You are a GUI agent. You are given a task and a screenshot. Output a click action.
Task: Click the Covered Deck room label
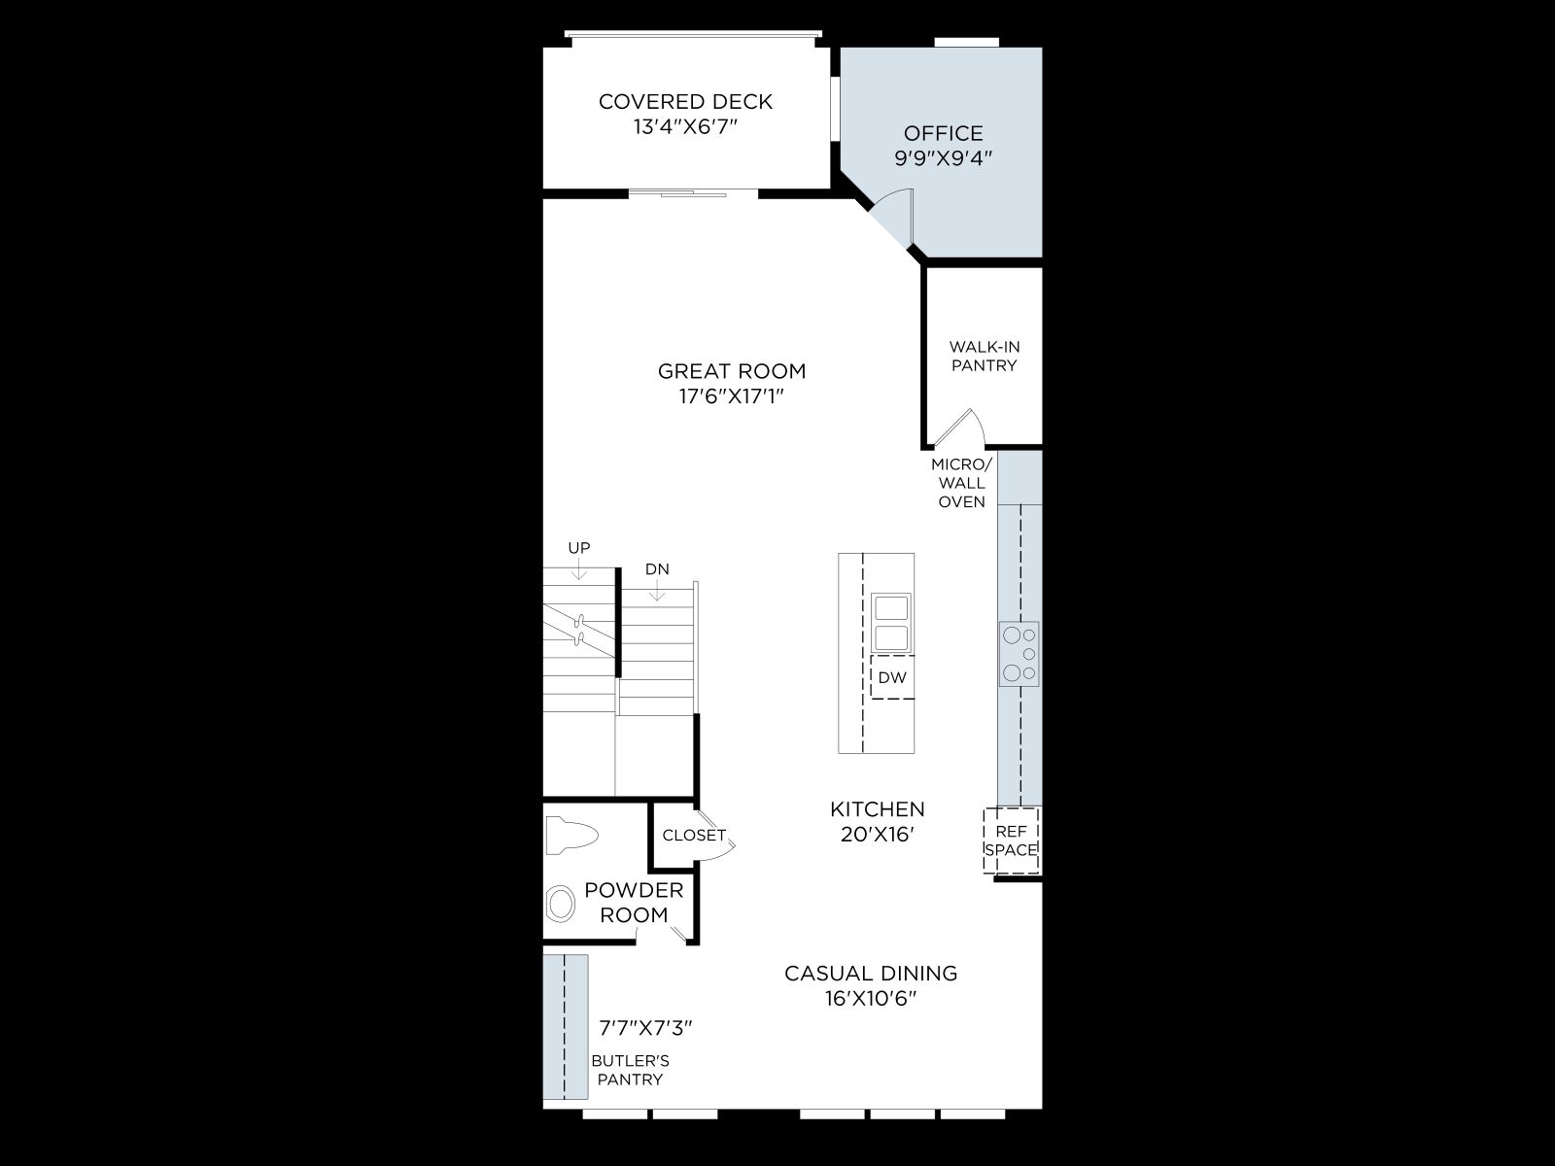[685, 101]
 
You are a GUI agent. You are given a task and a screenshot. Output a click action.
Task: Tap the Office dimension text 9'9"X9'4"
[943, 157]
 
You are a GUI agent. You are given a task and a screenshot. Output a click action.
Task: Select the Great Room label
[732, 371]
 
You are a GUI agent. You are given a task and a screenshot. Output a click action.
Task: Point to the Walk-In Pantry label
[984, 356]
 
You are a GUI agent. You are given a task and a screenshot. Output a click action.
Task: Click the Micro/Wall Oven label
[962, 483]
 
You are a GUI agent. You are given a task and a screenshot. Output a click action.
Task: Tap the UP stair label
[579, 547]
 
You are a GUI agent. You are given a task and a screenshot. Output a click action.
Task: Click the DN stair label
[657, 568]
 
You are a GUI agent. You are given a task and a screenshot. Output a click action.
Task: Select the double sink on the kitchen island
[891, 622]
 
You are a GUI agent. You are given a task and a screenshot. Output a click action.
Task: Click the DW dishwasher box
[892, 677]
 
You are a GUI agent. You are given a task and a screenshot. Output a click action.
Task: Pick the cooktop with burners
[1019, 653]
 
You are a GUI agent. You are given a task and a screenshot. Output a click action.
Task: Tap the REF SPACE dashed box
[1011, 840]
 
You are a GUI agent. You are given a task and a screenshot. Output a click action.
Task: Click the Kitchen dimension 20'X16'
[877, 835]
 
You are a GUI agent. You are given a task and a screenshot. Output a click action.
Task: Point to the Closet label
[694, 836]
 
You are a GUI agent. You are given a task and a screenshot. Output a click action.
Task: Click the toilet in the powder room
[571, 836]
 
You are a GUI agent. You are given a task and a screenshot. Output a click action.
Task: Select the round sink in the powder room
[561, 904]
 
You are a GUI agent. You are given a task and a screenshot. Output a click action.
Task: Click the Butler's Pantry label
[630, 1070]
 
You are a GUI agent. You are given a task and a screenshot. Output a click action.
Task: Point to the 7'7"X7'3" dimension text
[645, 1028]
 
